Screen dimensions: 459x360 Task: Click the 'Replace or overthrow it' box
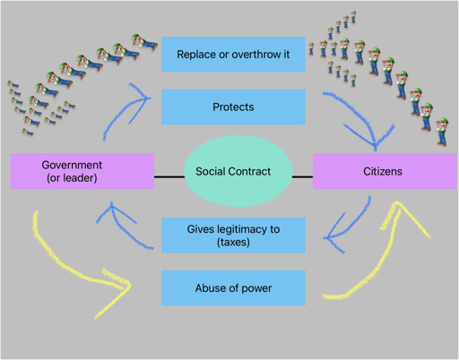(x=233, y=55)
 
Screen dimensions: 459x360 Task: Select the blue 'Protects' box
(x=233, y=107)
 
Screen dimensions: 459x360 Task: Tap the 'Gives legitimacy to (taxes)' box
(x=233, y=236)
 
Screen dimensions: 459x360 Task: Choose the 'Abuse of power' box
(x=233, y=287)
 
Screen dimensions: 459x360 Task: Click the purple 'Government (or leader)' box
(x=82, y=171)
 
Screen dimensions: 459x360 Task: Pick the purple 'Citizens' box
(x=385, y=171)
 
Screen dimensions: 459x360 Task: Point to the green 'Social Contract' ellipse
(x=238, y=171)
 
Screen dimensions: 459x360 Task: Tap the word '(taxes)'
(x=233, y=242)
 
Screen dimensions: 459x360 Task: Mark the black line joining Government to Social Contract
(x=169, y=177)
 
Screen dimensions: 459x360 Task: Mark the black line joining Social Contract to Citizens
(x=302, y=177)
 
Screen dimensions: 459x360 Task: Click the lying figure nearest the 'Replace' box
(x=144, y=42)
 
